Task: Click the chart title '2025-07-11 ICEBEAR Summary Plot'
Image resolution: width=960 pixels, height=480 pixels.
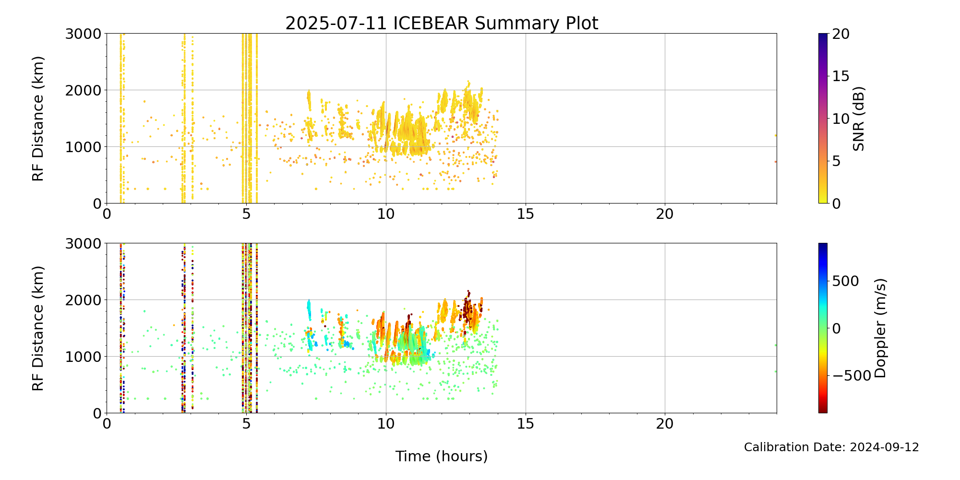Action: [x=442, y=24]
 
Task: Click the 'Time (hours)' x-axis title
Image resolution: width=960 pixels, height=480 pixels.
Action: [x=442, y=456]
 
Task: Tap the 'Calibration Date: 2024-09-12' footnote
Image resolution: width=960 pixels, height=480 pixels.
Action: [x=831, y=447]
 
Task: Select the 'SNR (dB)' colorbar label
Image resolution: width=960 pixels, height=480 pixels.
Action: [x=859, y=119]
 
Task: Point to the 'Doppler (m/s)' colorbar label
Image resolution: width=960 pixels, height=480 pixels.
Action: [x=880, y=328]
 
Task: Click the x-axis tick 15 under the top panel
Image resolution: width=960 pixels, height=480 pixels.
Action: [x=526, y=214]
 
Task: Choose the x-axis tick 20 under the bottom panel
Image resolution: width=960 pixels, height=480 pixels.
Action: [x=665, y=424]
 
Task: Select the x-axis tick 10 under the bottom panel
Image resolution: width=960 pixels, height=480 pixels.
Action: [x=386, y=424]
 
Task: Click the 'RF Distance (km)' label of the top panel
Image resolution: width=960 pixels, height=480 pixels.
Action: [x=38, y=119]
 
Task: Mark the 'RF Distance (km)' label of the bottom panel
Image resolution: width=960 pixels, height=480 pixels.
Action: [x=38, y=328]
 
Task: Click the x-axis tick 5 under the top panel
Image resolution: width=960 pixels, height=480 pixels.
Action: [x=246, y=214]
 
